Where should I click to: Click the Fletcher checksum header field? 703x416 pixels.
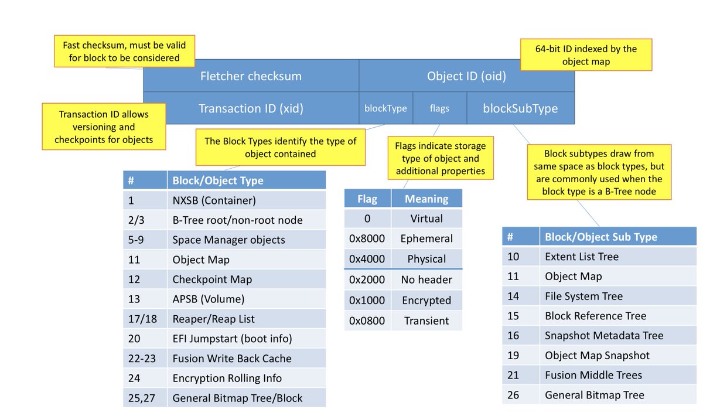click(251, 76)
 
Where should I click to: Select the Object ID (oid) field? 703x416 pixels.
click(467, 76)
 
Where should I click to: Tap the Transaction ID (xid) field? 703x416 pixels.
click(251, 108)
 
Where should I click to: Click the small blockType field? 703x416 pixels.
click(385, 108)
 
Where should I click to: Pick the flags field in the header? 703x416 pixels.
click(440, 108)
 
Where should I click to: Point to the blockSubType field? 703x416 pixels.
click(521, 108)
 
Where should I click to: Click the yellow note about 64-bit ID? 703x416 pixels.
click(586, 54)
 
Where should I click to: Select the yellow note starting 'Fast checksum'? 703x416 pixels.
click(124, 51)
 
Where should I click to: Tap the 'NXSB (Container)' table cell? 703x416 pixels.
click(247, 200)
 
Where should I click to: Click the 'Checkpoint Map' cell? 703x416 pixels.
click(247, 279)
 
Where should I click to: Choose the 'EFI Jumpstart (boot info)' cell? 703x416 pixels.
click(247, 339)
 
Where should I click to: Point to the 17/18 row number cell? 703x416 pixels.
click(145, 319)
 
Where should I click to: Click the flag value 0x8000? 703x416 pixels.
click(367, 238)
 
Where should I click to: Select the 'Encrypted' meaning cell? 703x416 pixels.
click(426, 300)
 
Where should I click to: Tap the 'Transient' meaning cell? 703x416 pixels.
click(426, 320)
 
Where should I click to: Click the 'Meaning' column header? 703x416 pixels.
click(426, 199)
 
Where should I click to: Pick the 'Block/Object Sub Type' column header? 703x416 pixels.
click(618, 237)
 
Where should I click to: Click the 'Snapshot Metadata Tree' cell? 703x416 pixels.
click(618, 335)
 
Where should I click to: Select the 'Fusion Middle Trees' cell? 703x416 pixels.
click(618, 375)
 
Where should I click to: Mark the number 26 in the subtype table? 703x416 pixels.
click(513, 395)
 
